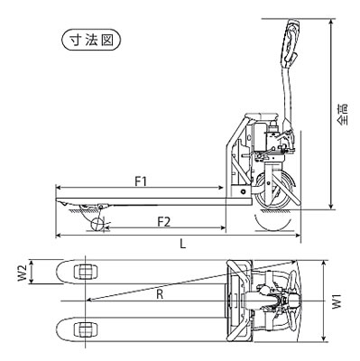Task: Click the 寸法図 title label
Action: point(91,40)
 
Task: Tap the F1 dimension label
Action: point(141,181)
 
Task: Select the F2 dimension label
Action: point(164,222)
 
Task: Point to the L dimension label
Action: point(183,244)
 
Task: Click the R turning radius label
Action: point(160,294)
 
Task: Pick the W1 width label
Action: point(337,301)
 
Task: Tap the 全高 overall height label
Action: point(342,115)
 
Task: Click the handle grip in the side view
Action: point(291,42)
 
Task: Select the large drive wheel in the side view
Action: point(273,190)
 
